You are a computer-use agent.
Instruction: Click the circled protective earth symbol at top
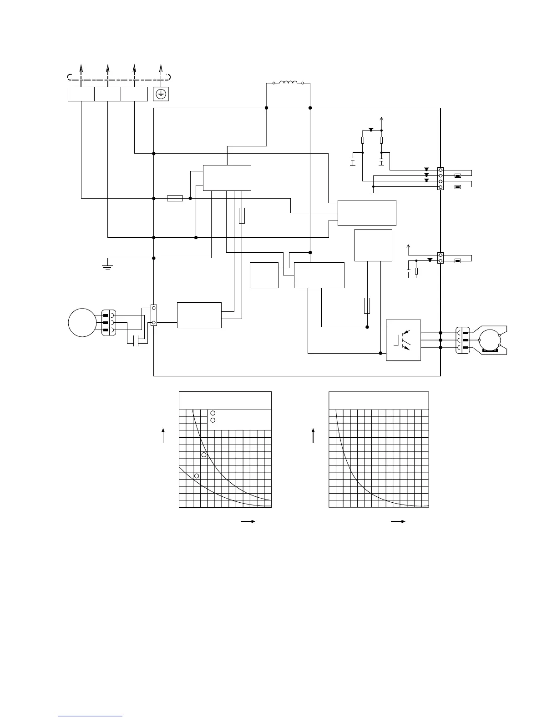pos(160,94)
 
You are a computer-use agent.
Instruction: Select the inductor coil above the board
pos(288,83)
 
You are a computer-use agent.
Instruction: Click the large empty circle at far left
pos(82,322)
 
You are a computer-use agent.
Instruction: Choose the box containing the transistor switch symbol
pos(403,340)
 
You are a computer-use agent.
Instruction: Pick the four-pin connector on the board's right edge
pos(440,178)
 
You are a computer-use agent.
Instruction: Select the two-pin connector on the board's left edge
pos(154,315)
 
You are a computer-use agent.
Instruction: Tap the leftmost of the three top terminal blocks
pos(81,94)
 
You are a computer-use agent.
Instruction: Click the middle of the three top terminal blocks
pos(107,94)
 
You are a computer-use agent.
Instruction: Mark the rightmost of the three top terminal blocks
pos(134,94)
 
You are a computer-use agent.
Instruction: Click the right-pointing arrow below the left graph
pos(248,522)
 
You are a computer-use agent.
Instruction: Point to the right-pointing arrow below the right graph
pos(398,522)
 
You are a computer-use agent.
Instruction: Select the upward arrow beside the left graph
pos(163,435)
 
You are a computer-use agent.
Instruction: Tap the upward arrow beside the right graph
pos(313,435)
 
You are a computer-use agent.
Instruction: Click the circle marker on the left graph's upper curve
pos(204,455)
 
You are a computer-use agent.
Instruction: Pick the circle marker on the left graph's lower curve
pos(197,475)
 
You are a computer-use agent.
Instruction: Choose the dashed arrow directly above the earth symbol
pos(161,74)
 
